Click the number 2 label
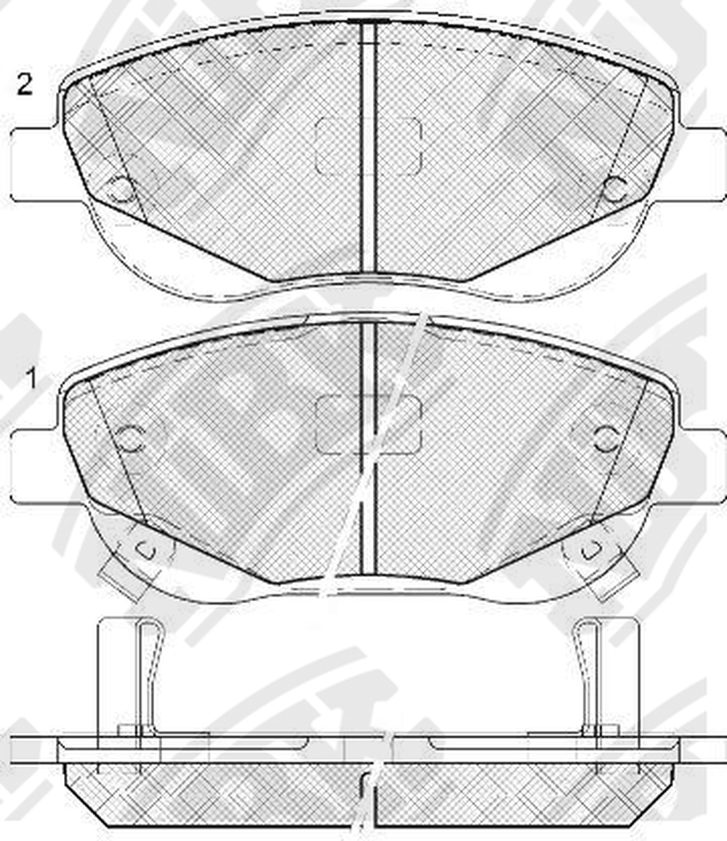[x=24, y=84]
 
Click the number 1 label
[x=32, y=378]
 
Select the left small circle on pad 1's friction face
[x=130, y=439]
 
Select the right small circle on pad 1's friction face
[x=606, y=439]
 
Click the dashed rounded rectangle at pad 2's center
[x=369, y=146]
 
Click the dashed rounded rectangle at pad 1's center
[x=369, y=424]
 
